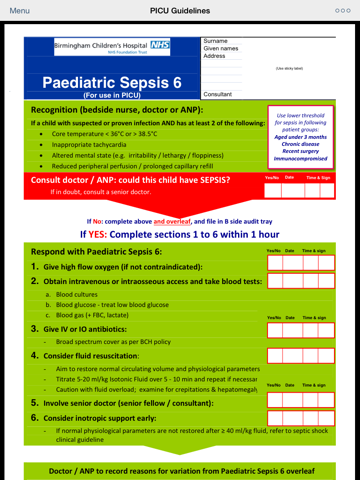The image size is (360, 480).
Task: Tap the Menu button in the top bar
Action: [19, 10]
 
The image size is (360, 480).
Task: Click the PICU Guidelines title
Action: [179, 10]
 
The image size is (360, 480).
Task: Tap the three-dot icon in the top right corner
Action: [342, 10]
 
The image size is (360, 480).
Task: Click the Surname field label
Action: [217, 40]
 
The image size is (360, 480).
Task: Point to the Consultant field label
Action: [218, 94]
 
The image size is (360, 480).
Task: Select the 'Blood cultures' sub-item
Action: [76, 295]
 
